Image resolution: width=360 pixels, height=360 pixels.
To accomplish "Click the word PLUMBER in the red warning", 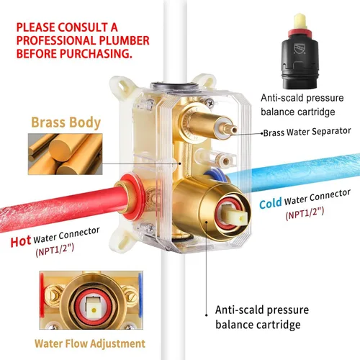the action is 124,40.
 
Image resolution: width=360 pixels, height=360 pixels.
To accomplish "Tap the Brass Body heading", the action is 66,122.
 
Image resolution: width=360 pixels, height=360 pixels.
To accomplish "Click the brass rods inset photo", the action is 66,154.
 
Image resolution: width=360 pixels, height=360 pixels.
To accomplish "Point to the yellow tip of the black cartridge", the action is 300,21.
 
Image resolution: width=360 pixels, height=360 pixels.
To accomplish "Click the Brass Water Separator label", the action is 307,132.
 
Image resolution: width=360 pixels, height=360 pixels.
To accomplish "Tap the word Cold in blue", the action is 271,204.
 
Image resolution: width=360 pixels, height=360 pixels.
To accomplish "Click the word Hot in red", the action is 21,241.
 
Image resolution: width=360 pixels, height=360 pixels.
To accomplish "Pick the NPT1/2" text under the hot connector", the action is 55,250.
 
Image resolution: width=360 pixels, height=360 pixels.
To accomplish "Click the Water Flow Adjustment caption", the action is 90,343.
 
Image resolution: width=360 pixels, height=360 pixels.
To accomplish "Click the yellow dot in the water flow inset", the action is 94,310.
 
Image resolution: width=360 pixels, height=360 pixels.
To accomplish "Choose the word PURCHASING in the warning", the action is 96,53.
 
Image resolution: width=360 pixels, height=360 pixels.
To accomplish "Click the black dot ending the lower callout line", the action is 207,315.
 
